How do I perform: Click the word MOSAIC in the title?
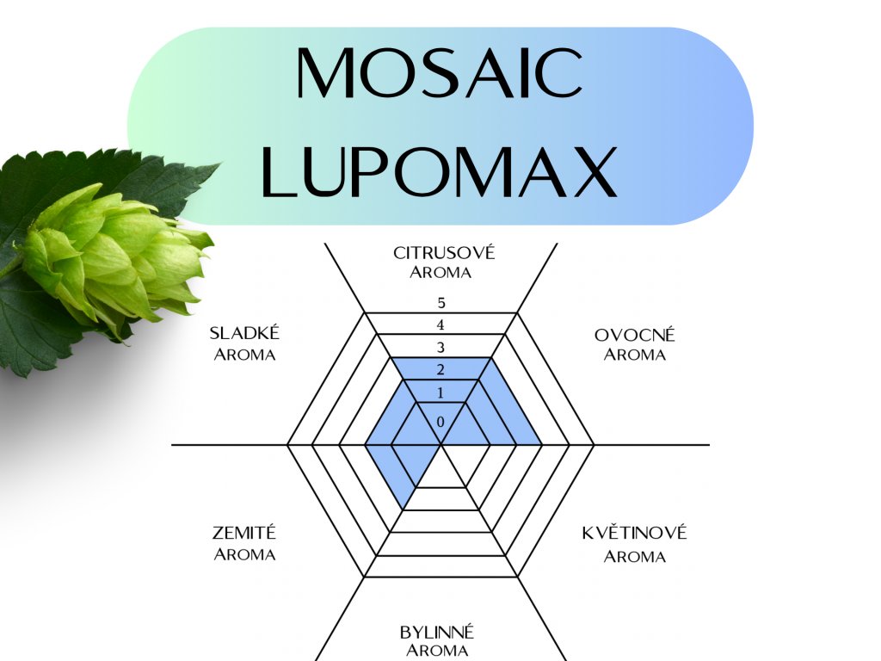440,72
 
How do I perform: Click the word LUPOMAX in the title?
440,170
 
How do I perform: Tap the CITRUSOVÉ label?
444,253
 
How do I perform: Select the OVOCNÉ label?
635,335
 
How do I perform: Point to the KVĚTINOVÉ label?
634,533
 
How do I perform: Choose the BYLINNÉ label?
437,633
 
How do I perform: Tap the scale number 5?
440,303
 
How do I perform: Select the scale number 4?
440,325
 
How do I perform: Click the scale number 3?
440,348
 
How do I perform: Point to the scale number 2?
440,371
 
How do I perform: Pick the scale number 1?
440,393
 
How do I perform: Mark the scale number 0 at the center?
440,422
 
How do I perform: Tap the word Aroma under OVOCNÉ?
635,355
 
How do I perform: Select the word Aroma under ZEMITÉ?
244,554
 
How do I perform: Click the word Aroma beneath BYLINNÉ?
437,651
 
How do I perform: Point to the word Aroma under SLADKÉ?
244,355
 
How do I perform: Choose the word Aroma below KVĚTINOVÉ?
634,556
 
